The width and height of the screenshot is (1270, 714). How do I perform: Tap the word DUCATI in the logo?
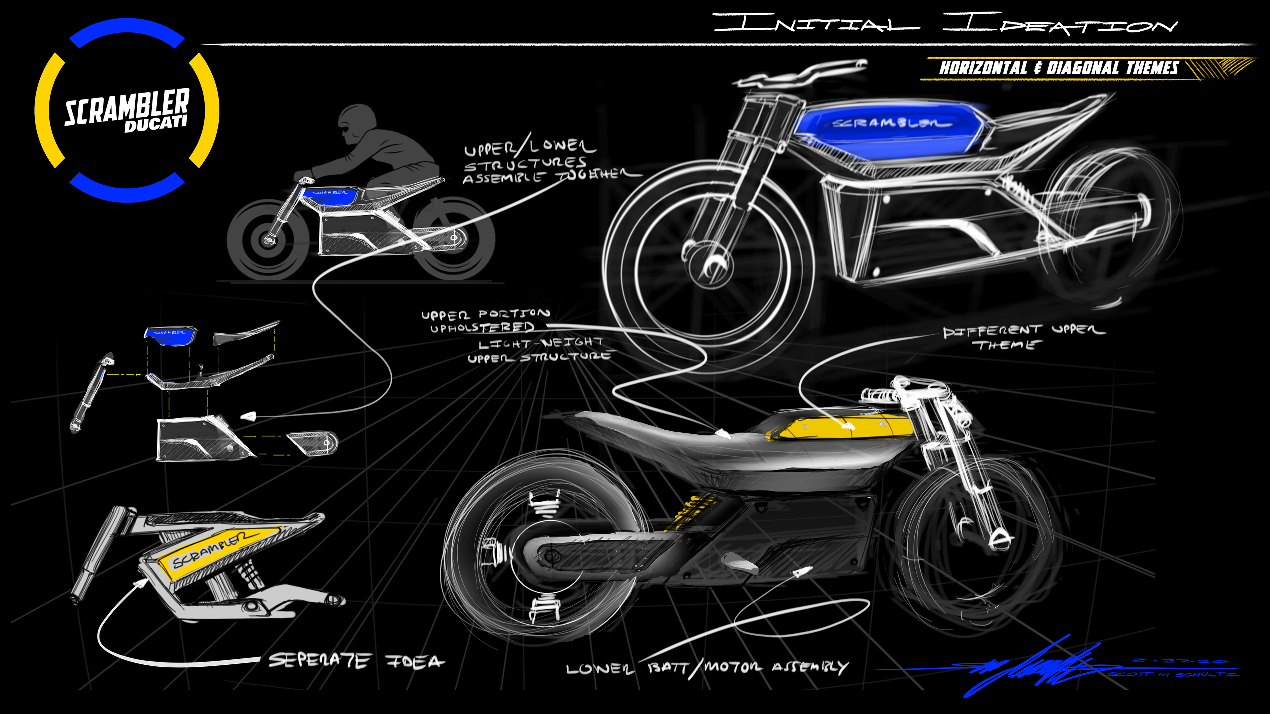pos(156,124)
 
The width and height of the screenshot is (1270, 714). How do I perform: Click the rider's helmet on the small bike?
pos(358,118)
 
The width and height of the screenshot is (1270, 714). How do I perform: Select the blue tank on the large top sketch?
pos(887,126)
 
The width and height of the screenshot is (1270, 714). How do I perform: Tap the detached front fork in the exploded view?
pos(91,392)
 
